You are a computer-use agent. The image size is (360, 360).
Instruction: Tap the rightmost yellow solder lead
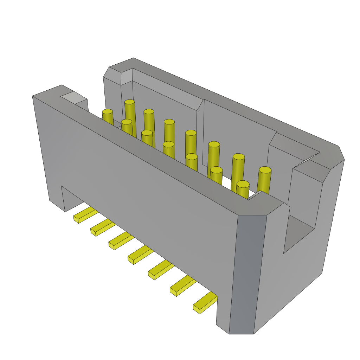(205, 303)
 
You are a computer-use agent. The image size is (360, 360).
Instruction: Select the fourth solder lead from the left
(140, 255)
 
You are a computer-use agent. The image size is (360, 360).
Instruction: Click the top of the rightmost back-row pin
(265, 170)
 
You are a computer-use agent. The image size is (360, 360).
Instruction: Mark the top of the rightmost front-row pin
(243, 184)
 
